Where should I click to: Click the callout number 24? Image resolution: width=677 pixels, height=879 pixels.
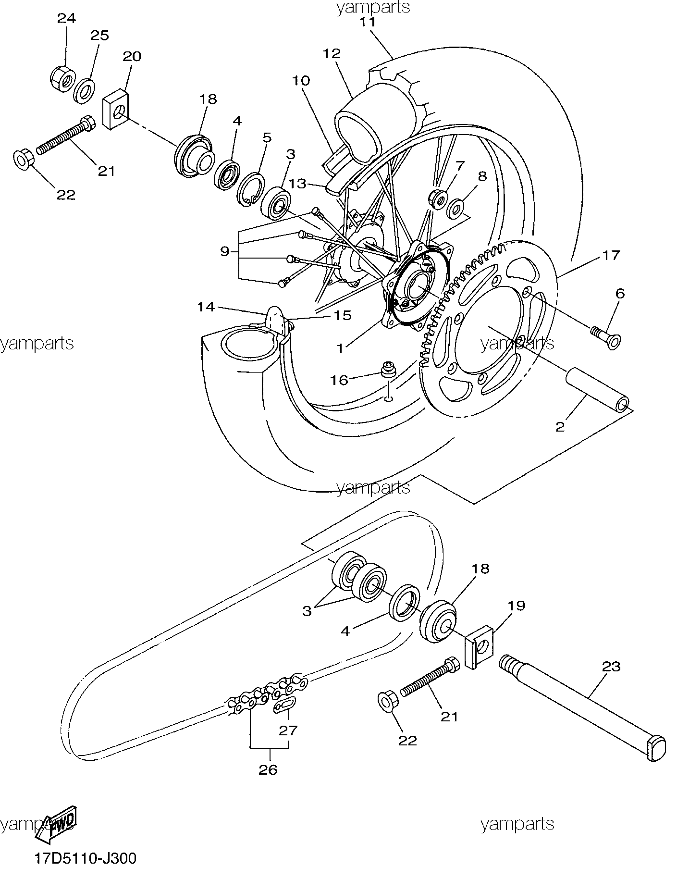[x=66, y=19]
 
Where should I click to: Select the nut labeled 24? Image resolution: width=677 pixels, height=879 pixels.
[x=62, y=77]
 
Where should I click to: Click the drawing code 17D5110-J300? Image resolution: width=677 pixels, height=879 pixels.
[x=85, y=858]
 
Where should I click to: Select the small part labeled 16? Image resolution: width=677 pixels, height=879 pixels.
[x=387, y=371]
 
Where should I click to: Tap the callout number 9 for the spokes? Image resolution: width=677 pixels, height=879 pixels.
[x=225, y=251]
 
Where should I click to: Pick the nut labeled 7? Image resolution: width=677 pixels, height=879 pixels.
[x=437, y=198]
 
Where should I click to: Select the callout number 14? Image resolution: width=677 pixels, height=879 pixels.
[x=207, y=306]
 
